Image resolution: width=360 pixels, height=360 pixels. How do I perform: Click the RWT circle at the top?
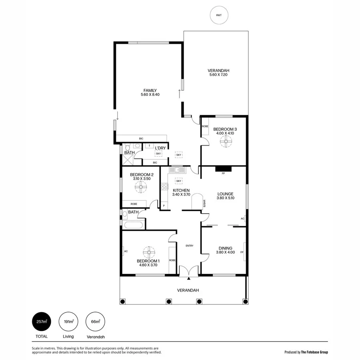219,15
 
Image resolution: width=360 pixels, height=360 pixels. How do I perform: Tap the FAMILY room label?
150,90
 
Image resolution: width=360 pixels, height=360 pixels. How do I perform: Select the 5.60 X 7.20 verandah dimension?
219,75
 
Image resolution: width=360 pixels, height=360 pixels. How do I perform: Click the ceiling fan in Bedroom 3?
227,140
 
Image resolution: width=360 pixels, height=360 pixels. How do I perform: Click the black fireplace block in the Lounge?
223,169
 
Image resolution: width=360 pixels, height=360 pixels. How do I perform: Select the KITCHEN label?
181,190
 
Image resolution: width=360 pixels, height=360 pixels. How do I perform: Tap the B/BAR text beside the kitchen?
204,203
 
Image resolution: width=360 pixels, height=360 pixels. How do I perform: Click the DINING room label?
225,248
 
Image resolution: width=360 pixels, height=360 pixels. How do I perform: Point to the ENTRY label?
189,246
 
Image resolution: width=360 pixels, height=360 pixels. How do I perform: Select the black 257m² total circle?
42,321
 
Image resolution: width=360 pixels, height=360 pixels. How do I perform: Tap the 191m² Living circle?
68,321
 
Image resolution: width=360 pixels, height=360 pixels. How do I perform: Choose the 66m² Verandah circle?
95,321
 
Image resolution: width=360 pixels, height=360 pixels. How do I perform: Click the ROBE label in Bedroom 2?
134,204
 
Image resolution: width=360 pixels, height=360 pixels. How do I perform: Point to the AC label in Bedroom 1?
126,251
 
